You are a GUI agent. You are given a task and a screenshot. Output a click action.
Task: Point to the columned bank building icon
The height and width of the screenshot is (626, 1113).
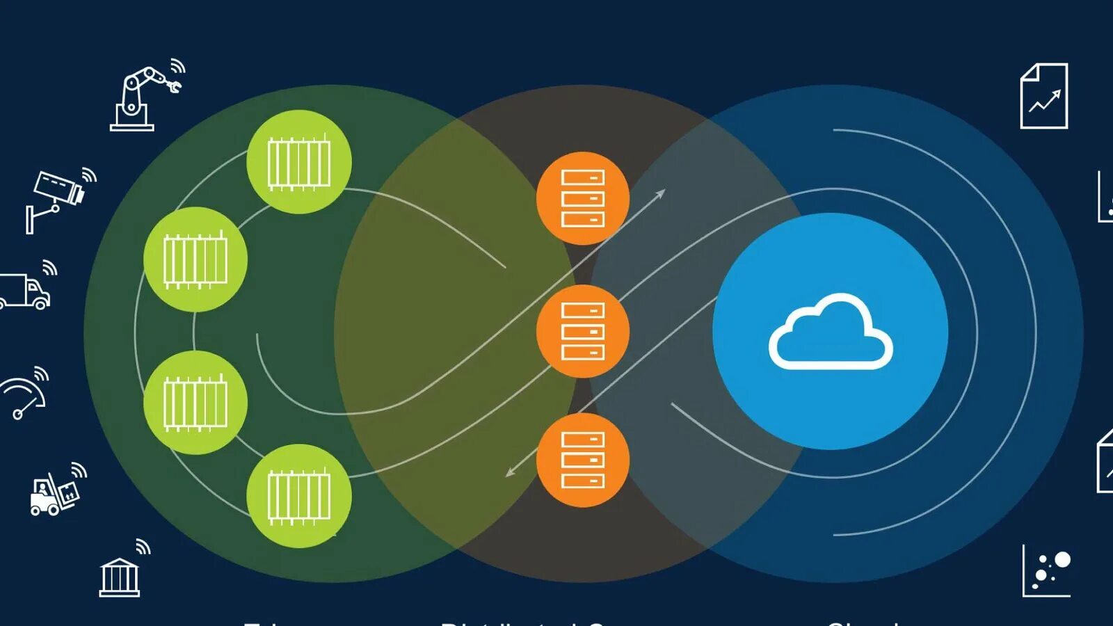tap(120, 577)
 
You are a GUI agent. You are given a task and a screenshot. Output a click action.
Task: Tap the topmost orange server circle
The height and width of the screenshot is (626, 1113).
tap(583, 198)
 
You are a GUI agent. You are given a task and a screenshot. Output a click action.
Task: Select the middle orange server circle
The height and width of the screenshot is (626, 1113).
tap(583, 331)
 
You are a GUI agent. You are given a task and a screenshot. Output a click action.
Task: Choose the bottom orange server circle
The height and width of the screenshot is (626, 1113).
tap(583, 460)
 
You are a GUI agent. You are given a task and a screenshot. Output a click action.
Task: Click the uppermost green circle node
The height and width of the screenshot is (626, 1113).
tap(299, 162)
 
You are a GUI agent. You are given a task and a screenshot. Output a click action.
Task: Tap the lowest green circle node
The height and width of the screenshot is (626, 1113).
tap(299, 496)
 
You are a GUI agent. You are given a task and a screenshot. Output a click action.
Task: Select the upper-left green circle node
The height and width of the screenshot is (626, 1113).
tap(195, 259)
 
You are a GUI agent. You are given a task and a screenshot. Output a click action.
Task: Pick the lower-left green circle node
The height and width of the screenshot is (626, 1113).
tap(195, 403)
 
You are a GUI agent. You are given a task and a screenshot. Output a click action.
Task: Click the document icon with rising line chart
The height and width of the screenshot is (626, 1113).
tap(1043, 96)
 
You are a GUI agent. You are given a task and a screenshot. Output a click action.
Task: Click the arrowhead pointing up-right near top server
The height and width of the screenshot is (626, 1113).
tap(661, 193)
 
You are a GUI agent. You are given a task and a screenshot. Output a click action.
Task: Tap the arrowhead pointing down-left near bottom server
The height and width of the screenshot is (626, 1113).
tap(509, 473)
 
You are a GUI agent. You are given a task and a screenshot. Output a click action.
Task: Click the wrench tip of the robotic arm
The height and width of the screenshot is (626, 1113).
tap(174, 86)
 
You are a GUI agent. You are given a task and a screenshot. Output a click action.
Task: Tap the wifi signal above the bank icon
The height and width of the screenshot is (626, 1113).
tap(143, 547)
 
